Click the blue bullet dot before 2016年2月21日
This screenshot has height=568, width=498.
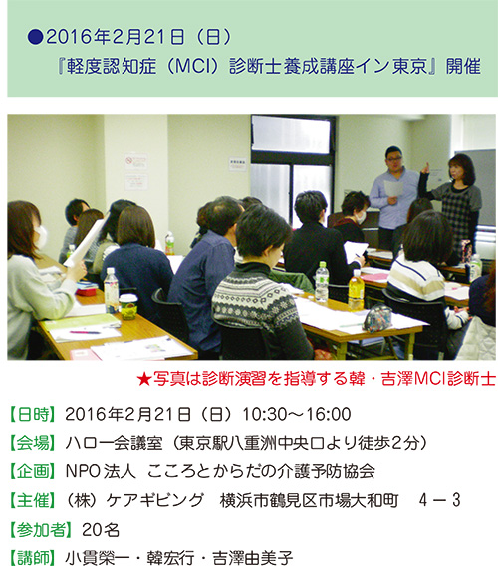click(x=36, y=37)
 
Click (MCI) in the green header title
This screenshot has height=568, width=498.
click(x=194, y=66)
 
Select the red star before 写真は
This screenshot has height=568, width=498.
click(x=144, y=379)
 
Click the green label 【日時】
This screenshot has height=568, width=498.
click(x=33, y=415)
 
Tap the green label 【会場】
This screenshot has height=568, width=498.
click(x=33, y=443)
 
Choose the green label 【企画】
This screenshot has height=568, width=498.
click(x=33, y=471)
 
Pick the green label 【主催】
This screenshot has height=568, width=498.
click(x=33, y=500)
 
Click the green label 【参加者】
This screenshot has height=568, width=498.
click(x=41, y=530)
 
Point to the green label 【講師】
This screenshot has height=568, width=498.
click(x=33, y=558)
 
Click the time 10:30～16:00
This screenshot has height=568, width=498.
click(x=296, y=415)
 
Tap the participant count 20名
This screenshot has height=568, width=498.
click(x=101, y=530)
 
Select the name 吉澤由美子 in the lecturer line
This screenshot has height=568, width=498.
click(x=252, y=558)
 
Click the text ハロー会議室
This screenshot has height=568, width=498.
click(x=114, y=443)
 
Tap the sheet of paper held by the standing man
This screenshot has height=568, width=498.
click(x=394, y=188)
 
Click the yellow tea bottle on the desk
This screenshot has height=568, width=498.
click(x=356, y=290)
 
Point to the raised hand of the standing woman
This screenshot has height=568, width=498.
click(x=425, y=168)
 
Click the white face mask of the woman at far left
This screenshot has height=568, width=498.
click(x=41, y=237)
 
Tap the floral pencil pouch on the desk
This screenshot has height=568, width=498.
click(x=377, y=319)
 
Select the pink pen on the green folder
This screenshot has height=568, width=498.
click(x=85, y=332)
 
